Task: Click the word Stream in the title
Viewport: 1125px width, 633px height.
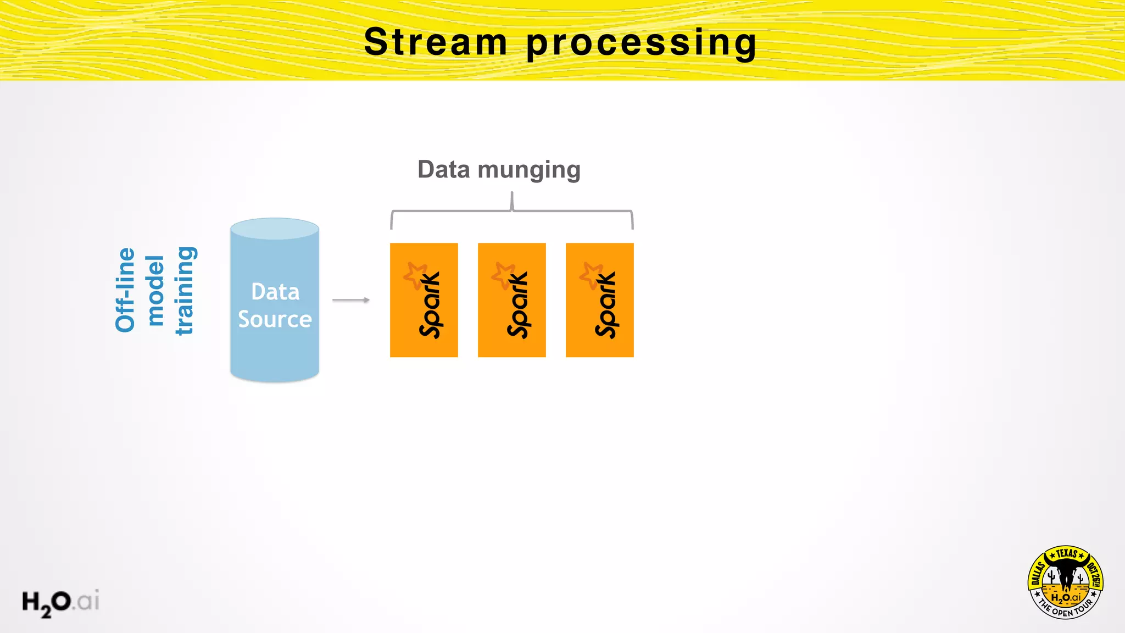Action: (436, 42)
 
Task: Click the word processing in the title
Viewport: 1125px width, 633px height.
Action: (642, 44)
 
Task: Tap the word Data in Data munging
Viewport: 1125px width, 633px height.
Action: (443, 169)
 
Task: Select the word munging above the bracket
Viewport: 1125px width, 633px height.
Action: (528, 170)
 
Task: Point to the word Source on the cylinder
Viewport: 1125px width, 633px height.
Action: (275, 319)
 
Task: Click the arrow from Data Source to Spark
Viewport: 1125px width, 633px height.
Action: (351, 300)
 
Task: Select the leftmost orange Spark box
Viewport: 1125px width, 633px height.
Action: (424, 300)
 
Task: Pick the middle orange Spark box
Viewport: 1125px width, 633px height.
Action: (512, 300)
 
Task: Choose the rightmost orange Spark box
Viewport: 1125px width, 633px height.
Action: (600, 300)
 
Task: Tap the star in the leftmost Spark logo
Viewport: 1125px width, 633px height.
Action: (416, 275)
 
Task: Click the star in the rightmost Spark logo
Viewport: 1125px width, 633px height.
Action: (592, 275)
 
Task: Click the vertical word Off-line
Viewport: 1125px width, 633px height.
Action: (125, 290)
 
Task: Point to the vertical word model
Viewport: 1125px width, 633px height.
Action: (155, 290)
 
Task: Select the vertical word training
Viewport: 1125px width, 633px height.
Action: (185, 290)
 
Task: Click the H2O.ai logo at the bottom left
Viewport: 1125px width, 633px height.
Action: (60, 602)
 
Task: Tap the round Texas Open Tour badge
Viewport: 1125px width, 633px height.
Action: (1066, 582)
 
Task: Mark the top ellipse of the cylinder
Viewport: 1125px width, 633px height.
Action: (275, 229)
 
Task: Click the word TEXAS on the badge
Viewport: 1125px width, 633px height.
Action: (1066, 554)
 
